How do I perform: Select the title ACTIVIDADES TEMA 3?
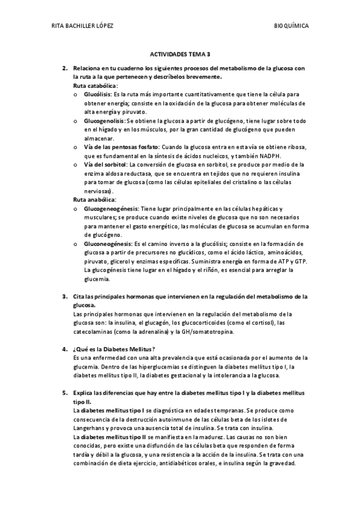[180, 53]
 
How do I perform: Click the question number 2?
[64, 69]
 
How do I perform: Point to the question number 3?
[64, 296]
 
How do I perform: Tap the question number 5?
[64, 392]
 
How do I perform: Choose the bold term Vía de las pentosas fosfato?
[121, 147]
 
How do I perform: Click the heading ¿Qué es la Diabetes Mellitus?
[114, 349]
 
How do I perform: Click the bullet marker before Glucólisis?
[75, 95]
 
